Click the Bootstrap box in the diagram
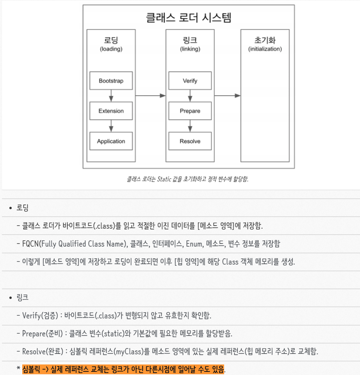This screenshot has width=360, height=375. (111, 81)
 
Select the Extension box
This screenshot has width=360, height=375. (111, 111)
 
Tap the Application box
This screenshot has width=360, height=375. (111, 141)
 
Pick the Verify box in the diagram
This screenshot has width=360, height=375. (190, 81)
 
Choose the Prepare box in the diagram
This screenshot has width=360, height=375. (190, 111)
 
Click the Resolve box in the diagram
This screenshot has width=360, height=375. (190, 141)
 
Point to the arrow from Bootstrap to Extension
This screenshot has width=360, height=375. (111, 96)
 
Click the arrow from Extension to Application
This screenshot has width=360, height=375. (111, 126)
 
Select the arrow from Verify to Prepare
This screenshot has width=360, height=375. (190, 96)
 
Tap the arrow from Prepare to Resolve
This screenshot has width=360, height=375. (190, 126)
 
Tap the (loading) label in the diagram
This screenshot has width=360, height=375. (111, 49)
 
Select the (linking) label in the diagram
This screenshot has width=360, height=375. (190, 49)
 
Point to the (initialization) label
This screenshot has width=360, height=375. (265, 49)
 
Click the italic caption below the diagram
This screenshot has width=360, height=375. (188, 179)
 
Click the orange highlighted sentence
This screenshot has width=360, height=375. (123, 369)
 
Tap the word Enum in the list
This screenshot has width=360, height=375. (194, 244)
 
